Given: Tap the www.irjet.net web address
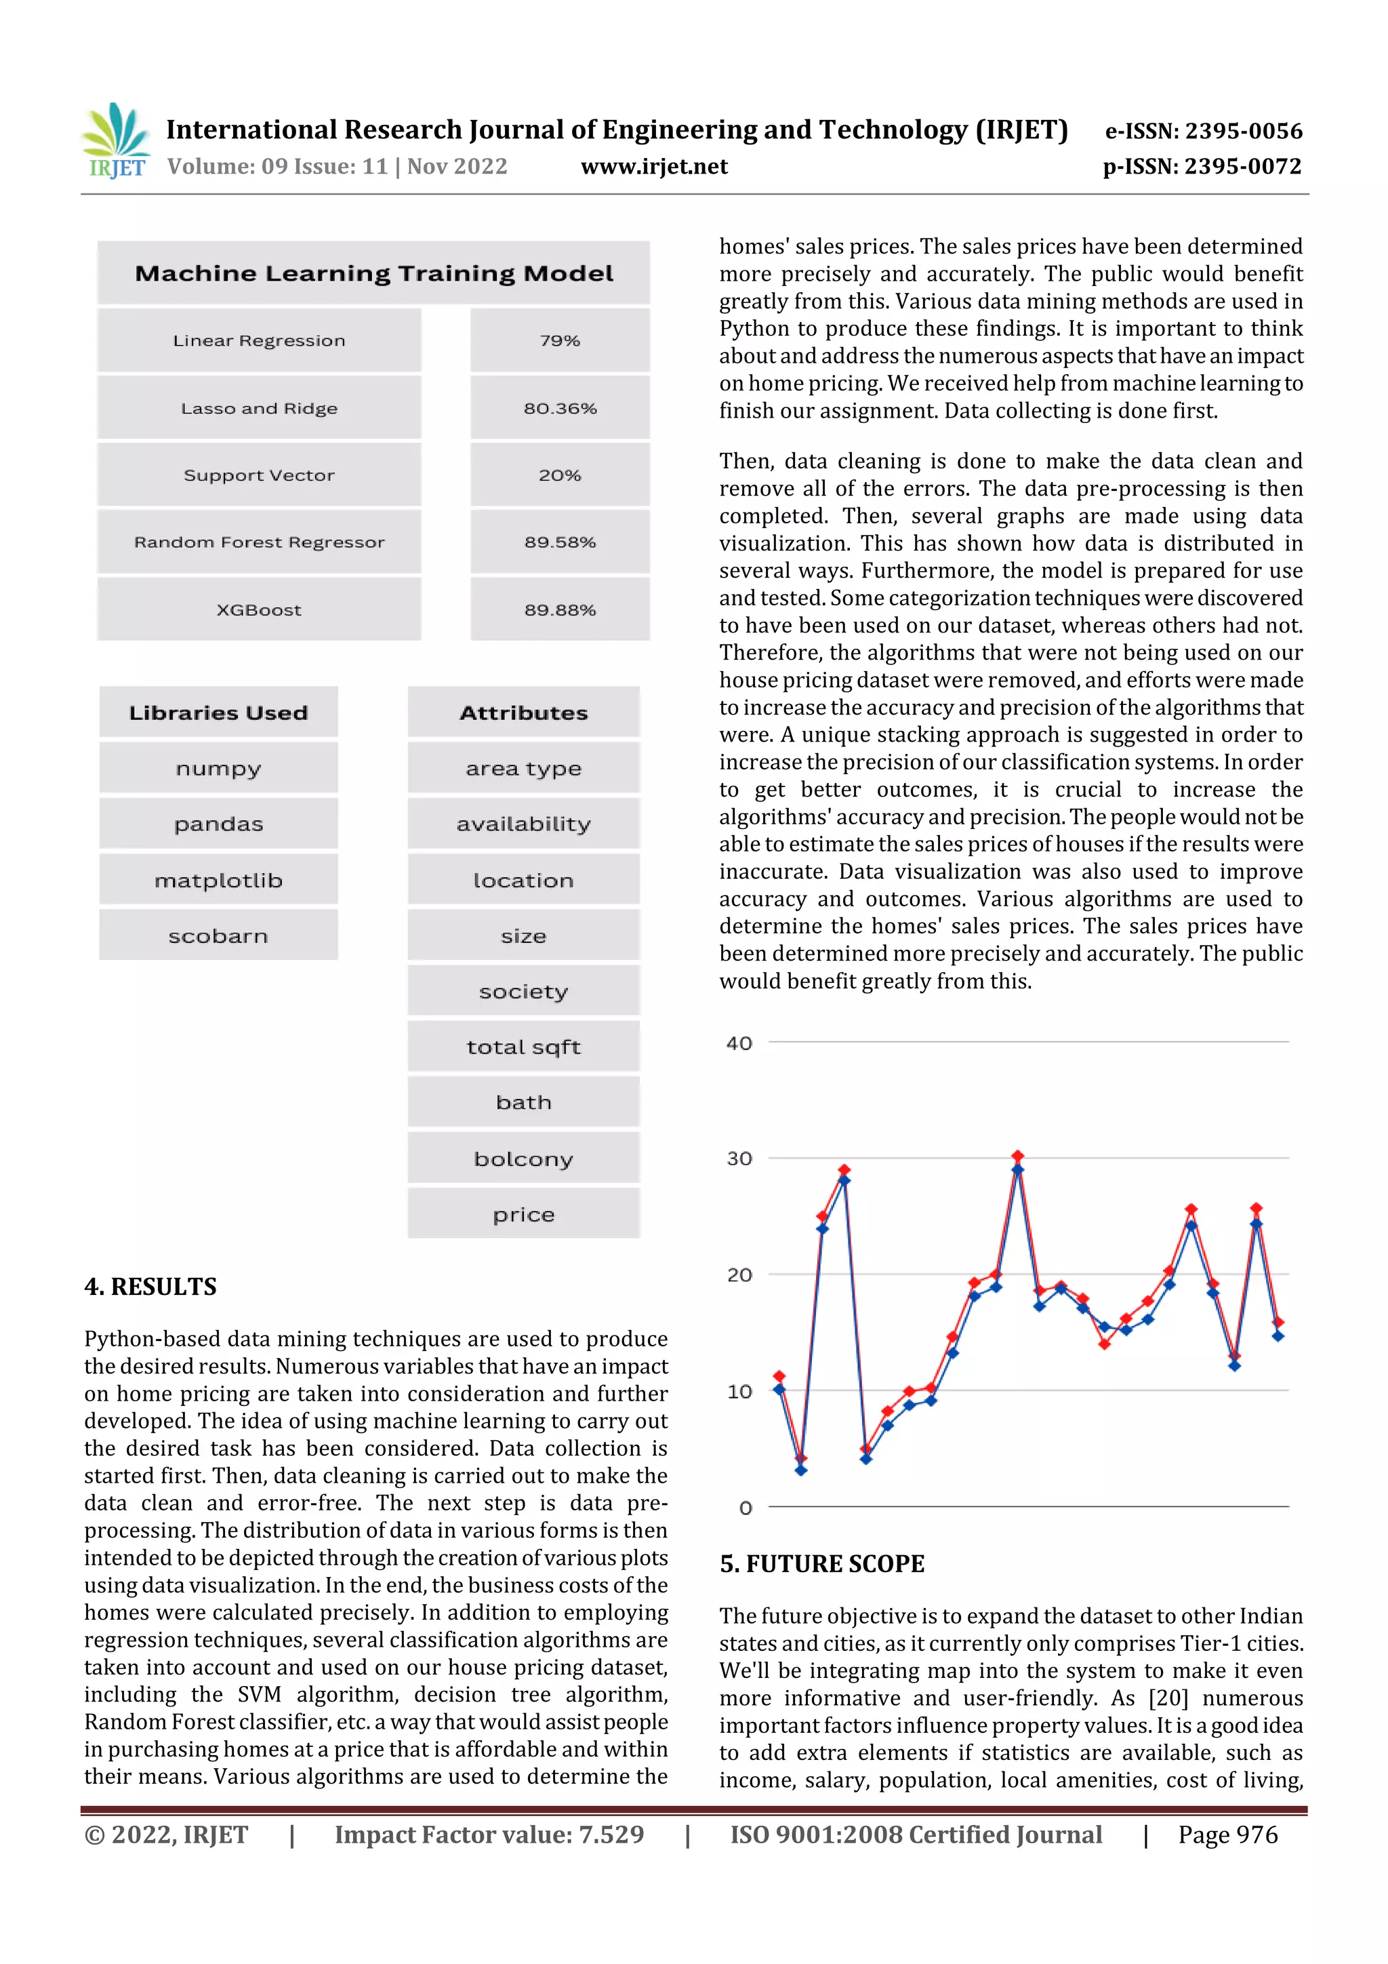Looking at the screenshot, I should tap(654, 167).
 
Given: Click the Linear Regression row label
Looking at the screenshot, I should tap(259, 340).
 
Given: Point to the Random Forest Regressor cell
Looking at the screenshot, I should tap(259, 542).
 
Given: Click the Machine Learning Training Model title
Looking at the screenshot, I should tap(373, 274).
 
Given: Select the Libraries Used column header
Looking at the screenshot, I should tap(218, 713).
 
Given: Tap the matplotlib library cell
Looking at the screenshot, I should tap(218, 880).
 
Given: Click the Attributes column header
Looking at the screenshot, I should tap(523, 713).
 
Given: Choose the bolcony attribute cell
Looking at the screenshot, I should tap(523, 1159).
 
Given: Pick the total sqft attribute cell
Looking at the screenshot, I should tap(523, 1047).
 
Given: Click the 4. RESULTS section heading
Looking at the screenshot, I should tap(150, 1287).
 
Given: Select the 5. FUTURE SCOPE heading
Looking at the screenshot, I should tap(822, 1563).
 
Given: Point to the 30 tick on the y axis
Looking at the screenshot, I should tap(739, 1158).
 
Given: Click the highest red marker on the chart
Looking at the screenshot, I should tap(1018, 1156).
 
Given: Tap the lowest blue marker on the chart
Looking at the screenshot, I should tap(800, 1470).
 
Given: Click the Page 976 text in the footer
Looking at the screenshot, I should tap(1227, 1835).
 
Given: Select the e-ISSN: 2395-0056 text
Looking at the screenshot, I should tap(1203, 131).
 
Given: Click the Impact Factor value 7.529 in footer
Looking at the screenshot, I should tap(489, 1835).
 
